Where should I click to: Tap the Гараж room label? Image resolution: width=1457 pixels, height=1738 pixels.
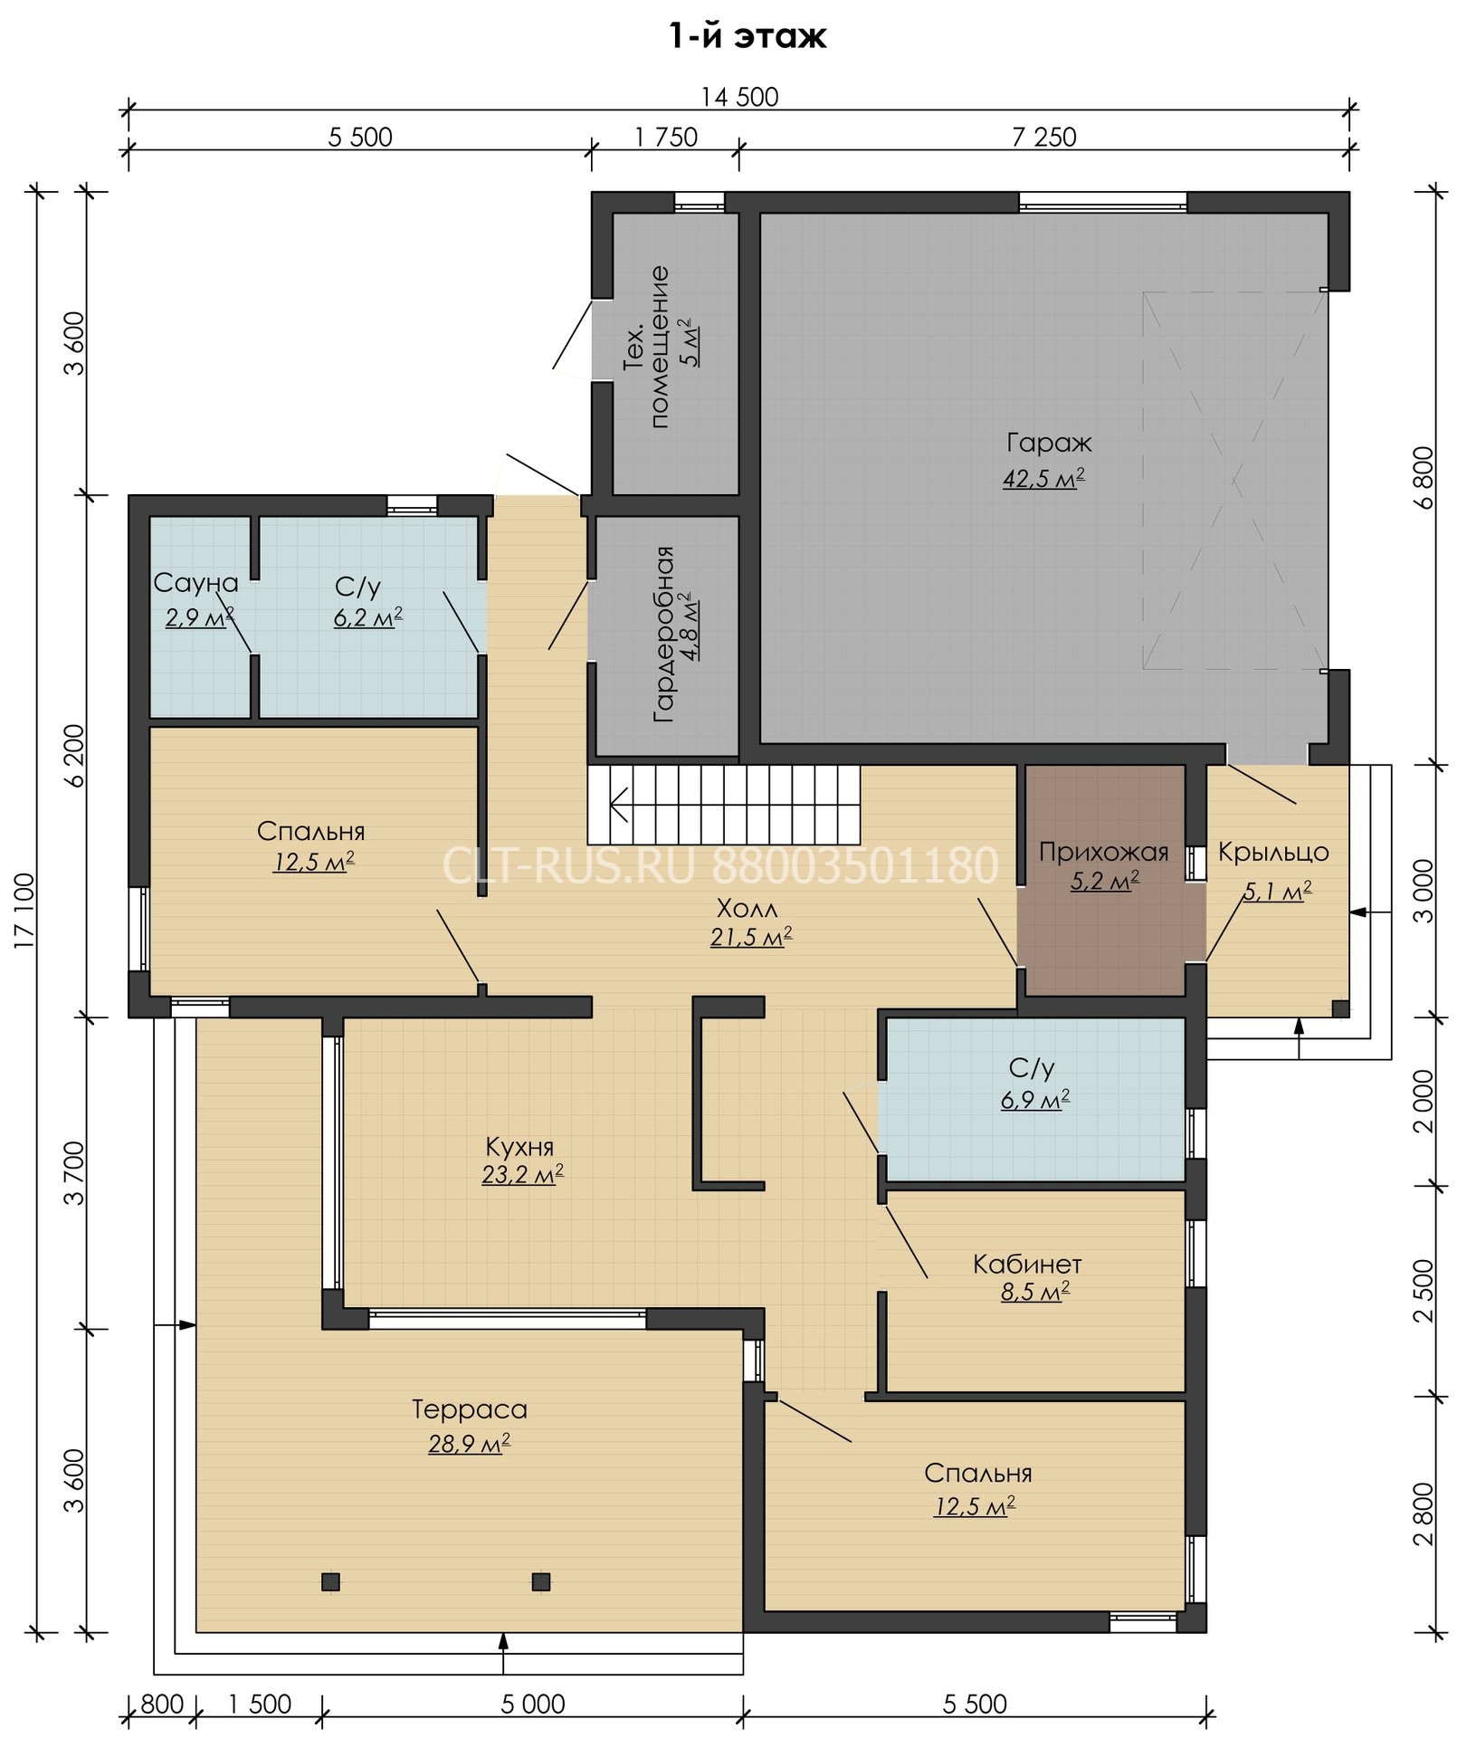(x=1048, y=444)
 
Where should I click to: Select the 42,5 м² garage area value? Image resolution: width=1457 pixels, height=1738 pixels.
(x=1043, y=479)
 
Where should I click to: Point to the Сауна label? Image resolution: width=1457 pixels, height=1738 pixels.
(x=195, y=584)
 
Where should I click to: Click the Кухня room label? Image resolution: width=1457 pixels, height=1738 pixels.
(x=519, y=1147)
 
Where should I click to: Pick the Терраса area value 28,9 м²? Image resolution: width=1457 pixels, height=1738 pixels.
(x=469, y=1444)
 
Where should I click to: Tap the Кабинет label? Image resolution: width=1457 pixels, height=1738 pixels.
(x=1027, y=1264)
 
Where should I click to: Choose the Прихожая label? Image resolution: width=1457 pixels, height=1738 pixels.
(x=1103, y=852)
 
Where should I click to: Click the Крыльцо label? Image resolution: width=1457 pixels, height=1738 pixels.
(x=1272, y=852)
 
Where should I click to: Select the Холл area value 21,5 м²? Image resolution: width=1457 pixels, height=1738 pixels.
(x=751, y=938)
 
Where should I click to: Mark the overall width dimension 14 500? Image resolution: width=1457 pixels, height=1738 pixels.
(x=739, y=97)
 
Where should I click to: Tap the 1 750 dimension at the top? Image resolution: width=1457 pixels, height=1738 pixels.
(x=666, y=137)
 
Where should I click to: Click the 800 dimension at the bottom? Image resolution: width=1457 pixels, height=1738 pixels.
(x=163, y=1705)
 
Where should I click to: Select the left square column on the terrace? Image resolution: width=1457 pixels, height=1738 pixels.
(x=330, y=1581)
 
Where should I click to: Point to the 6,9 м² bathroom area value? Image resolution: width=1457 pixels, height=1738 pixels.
(x=1035, y=1101)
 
